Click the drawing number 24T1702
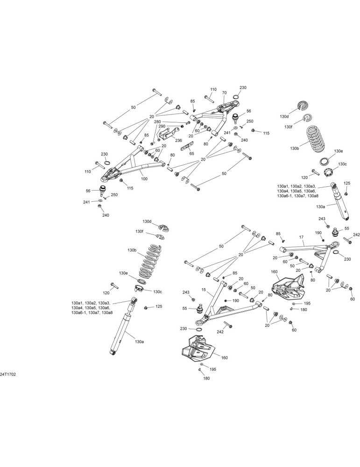point(8,375)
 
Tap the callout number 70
point(224,93)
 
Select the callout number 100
point(144,179)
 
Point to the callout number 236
point(178,140)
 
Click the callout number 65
point(192,153)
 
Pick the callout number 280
point(157,122)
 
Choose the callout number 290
point(162,126)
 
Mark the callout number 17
point(301,237)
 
